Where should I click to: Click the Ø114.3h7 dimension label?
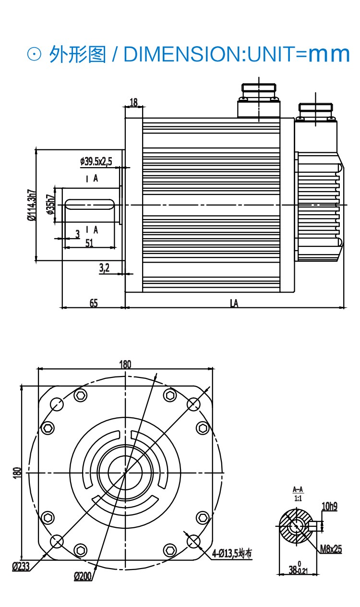point(32,205)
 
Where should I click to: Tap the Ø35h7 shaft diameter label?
point(51,205)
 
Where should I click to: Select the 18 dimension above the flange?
point(133,102)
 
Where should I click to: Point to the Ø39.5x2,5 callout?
point(96,161)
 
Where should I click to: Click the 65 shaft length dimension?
point(94,303)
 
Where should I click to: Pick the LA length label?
point(234,303)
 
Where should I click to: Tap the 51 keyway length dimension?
point(89,243)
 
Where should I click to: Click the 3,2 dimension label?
point(104,268)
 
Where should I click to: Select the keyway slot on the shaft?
point(90,205)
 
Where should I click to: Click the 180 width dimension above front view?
point(125,364)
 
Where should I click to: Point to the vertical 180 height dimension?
point(17,473)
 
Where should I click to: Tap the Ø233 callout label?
point(21,566)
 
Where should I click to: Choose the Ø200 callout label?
point(83,576)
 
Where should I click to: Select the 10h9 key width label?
point(329,506)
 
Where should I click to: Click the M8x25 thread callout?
point(331,549)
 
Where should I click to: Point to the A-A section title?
point(298,489)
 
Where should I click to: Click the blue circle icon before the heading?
point(35,54)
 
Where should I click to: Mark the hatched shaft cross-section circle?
point(296,526)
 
